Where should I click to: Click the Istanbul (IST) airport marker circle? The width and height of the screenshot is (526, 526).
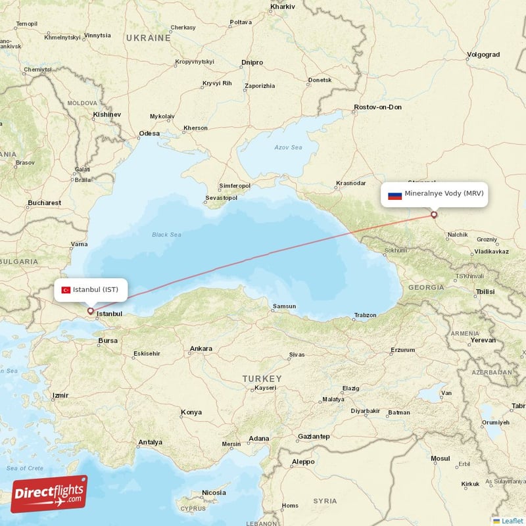(90, 311)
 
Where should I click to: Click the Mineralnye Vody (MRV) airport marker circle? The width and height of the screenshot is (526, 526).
(434, 214)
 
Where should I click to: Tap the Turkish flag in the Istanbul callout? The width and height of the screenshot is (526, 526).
(66, 290)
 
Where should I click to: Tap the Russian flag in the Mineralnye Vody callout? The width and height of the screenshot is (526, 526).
(394, 195)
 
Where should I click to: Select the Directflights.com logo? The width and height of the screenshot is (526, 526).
(49, 494)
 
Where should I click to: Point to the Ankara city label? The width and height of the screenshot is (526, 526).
(201, 348)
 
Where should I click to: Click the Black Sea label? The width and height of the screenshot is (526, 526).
(166, 234)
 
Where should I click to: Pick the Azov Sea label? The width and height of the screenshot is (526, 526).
(289, 147)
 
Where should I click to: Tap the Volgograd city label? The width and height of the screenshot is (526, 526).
(483, 55)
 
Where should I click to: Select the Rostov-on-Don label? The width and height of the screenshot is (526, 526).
(377, 107)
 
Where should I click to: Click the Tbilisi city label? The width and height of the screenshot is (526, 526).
(485, 291)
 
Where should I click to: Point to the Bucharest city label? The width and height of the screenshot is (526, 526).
(44, 203)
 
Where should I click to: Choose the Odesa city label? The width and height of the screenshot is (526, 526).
(149, 133)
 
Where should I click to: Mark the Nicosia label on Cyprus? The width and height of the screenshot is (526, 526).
(214, 492)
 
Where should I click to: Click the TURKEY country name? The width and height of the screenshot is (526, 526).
(261, 379)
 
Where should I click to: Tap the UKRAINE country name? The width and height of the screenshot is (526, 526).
(149, 38)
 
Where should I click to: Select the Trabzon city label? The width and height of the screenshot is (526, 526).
(364, 316)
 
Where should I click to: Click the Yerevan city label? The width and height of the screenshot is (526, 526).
(483, 341)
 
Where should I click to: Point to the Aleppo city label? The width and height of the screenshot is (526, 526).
(303, 462)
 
